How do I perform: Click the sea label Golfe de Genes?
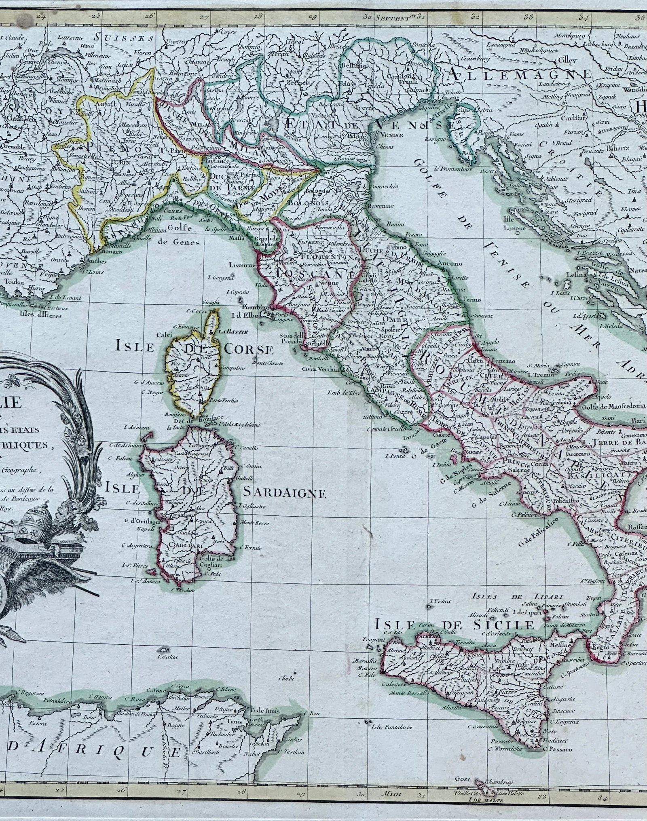coord(178,238)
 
